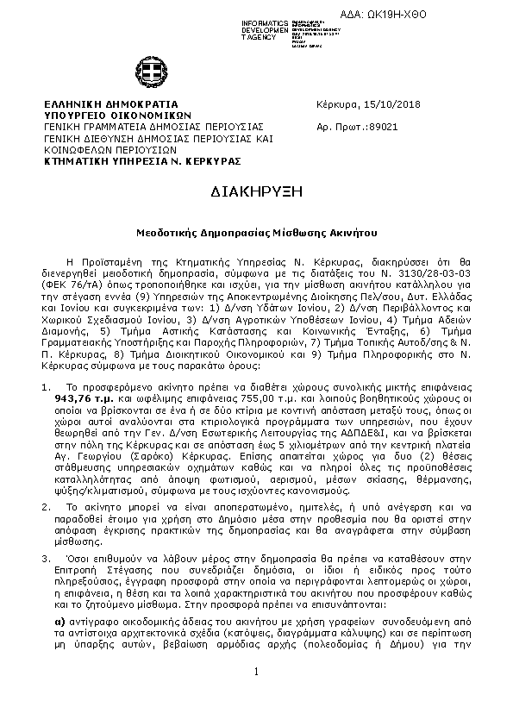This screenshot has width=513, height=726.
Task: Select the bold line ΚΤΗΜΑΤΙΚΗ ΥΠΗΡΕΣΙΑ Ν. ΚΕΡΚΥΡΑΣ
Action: (x=142, y=160)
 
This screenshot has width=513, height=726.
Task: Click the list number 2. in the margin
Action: (x=47, y=485)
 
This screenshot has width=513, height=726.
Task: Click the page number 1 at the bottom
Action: (x=256, y=696)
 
